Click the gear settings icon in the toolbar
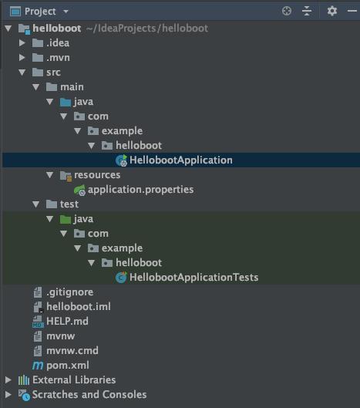[x=332, y=11]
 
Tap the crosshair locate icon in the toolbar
[x=287, y=11]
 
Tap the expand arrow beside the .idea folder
[x=22, y=43]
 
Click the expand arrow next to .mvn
[x=22, y=58]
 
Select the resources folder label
[x=97, y=175]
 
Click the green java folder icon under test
[x=66, y=219]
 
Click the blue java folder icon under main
[x=66, y=102]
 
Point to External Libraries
[x=74, y=380]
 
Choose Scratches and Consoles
[x=89, y=394]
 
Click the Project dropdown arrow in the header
[x=66, y=12]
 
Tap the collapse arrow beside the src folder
[x=22, y=72]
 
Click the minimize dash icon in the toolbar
[x=352, y=11]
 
